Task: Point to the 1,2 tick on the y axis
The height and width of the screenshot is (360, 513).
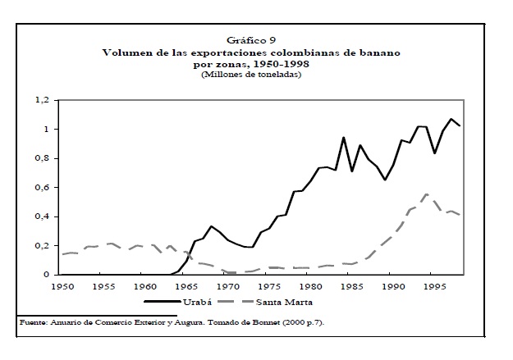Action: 43,100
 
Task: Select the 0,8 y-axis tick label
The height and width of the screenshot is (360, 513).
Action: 43,158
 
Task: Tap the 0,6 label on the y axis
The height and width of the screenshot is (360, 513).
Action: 43,188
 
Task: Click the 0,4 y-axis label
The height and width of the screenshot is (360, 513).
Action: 43,216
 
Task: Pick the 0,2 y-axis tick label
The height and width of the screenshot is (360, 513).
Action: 43,246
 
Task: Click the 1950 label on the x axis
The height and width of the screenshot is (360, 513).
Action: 62,287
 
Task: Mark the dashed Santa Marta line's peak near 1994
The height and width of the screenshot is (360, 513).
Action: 427,194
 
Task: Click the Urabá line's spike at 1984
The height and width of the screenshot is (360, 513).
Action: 344,138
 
